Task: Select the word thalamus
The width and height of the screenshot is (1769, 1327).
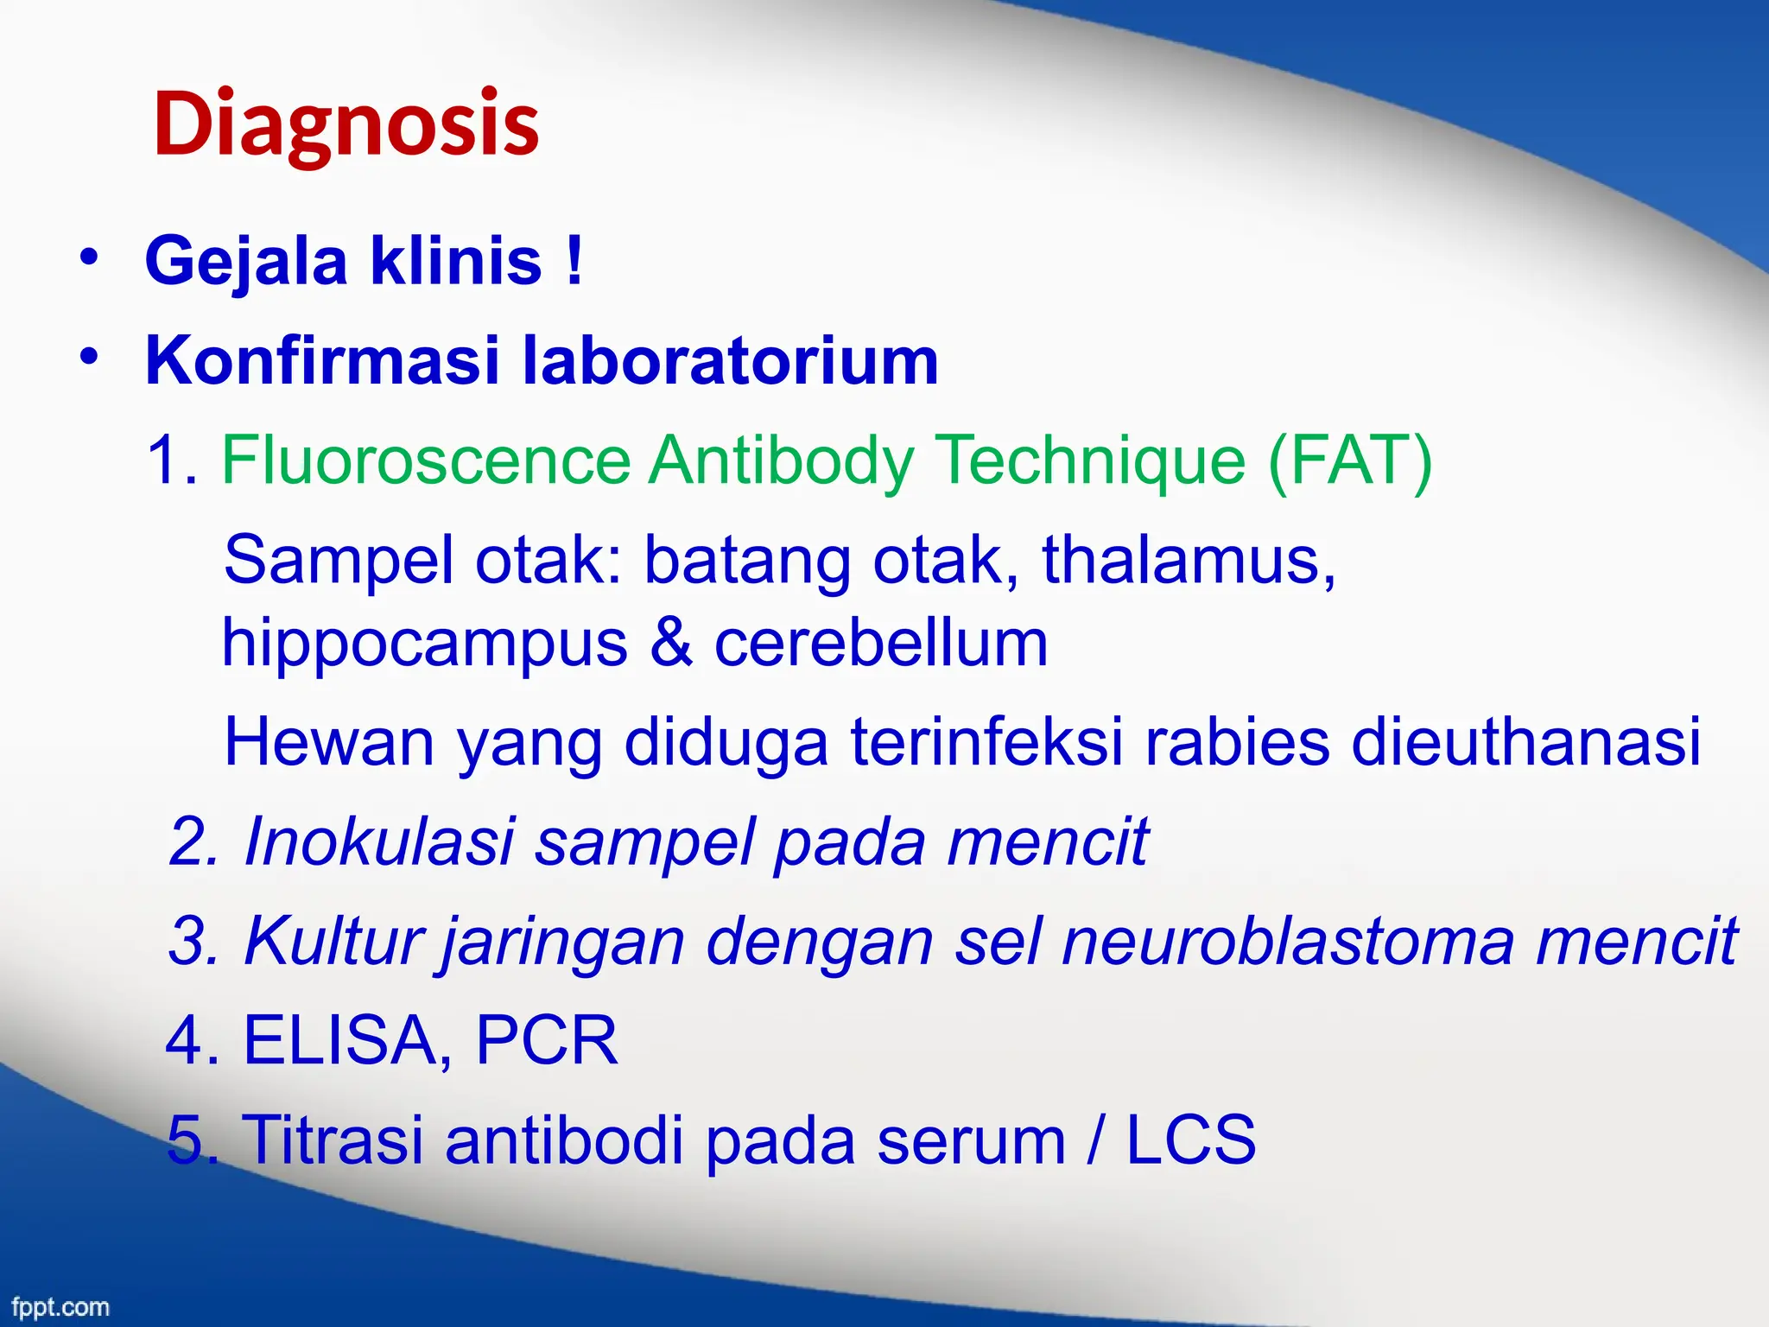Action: click(1188, 560)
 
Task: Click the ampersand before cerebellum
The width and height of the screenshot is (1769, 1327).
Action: click(671, 643)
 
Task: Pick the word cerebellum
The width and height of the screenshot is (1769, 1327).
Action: click(881, 643)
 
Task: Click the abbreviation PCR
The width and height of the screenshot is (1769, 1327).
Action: click(546, 1040)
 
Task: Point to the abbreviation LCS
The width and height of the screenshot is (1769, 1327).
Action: click(1190, 1140)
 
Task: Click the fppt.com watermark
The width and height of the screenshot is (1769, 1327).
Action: click(60, 1306)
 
